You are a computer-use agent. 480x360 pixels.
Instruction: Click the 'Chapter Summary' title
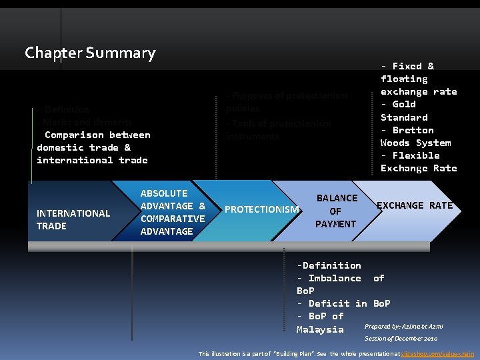90,53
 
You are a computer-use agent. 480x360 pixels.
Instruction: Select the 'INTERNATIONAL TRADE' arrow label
73,219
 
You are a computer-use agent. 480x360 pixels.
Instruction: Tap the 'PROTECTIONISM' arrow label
262,209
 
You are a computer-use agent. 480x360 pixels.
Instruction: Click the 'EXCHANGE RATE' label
415,205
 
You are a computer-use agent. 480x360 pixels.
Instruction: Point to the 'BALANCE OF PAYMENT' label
336,211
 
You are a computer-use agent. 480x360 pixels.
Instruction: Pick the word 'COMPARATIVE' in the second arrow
173,219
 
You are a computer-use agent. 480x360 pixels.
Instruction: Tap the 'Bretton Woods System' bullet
415,136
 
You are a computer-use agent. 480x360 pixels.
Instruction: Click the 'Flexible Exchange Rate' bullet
418,161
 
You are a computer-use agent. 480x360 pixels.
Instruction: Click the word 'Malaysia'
320,329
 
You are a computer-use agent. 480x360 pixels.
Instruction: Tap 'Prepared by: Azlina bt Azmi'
403,326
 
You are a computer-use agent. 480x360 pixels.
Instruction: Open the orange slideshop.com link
437,353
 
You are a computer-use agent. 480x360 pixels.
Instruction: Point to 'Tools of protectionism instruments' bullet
279,129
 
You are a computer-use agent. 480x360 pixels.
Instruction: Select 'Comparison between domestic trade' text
93,141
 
